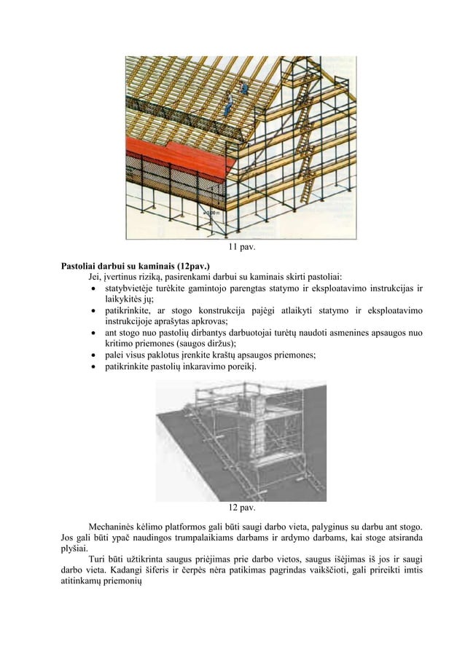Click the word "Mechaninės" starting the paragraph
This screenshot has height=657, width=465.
click(x=114, y=526)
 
